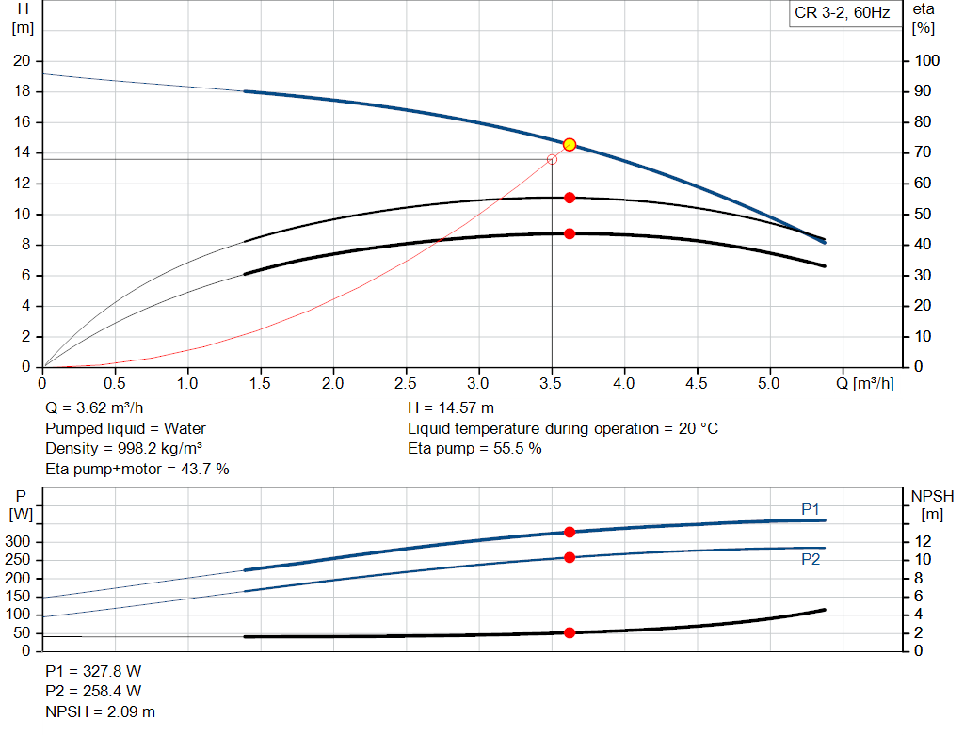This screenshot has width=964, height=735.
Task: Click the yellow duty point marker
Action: [x=570, y=144]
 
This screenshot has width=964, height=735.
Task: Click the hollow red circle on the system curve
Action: [x=552, y=159]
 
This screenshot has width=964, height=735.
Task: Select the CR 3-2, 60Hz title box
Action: [x=842, y=14]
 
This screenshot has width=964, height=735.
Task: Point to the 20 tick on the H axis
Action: [x=21, y=61]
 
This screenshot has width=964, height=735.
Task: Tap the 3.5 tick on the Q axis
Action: [x=552, y=384]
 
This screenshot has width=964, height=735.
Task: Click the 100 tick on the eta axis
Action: [x=927, y=61]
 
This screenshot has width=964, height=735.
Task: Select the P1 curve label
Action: [x=811, y=509]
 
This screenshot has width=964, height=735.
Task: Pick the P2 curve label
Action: [x=811, y=559]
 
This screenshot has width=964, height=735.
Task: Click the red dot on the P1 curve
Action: [x=570, y=532]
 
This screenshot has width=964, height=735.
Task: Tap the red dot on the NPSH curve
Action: [x=570, y=632]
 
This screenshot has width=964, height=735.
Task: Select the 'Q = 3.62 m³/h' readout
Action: [x=94, y=408]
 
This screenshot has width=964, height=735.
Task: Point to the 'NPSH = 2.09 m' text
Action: [x=101, y=711]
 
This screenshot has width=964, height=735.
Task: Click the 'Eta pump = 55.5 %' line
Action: [x=474, y=448]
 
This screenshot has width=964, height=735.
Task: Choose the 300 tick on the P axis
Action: [x=21, y=542]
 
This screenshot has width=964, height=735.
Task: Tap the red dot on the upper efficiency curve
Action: [x=570, y=198]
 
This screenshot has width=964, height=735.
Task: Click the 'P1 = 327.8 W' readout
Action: [x=93, y=672]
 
